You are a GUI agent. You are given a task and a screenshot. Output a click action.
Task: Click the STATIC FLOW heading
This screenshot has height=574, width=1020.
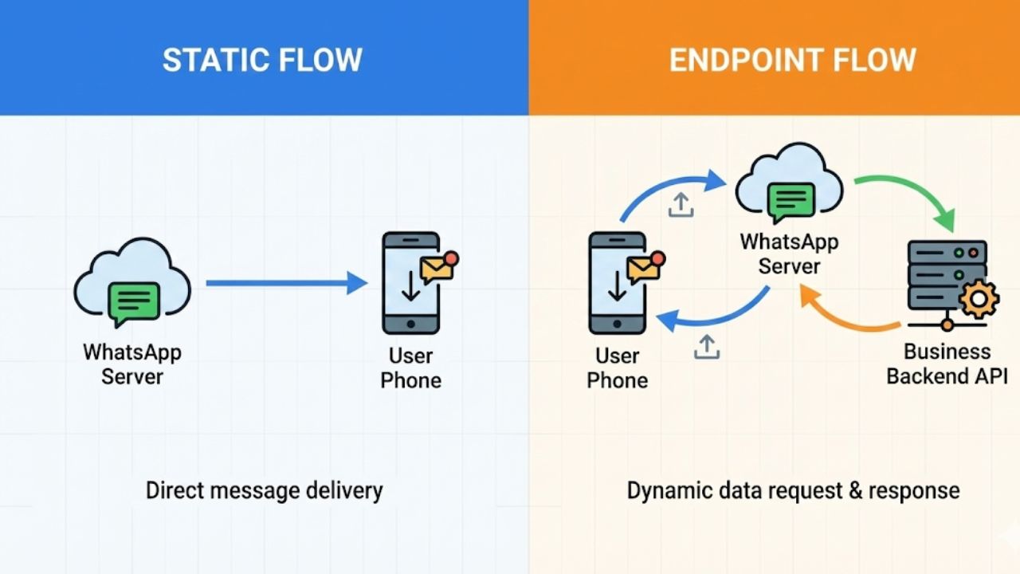[x=262, y=61]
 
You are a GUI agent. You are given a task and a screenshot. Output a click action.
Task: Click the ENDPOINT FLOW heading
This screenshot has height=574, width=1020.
[x=792, y=61]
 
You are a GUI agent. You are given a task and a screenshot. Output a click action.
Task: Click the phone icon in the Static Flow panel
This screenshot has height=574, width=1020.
[x=410, y=283]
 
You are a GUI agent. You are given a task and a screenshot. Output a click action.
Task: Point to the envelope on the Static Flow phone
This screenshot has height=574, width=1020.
[x=437, y=269]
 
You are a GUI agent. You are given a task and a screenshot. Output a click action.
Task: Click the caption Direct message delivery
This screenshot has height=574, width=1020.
[x=264, y=489]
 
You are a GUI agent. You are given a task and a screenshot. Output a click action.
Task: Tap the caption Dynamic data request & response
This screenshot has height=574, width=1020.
[x=793, y=489]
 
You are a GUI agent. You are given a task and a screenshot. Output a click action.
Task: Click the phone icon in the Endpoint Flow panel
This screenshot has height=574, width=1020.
[x=617, y=283]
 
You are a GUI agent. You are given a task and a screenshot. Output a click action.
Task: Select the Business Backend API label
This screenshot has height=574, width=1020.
[x=947, y=364]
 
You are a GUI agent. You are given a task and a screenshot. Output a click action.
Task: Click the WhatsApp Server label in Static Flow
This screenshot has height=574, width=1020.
[x=132, y=364]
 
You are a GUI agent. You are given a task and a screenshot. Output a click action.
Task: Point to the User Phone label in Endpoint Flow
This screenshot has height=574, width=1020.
[x=617, y=368]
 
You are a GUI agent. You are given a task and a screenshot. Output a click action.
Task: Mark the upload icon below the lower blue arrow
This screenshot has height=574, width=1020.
[x=706, y=347]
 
